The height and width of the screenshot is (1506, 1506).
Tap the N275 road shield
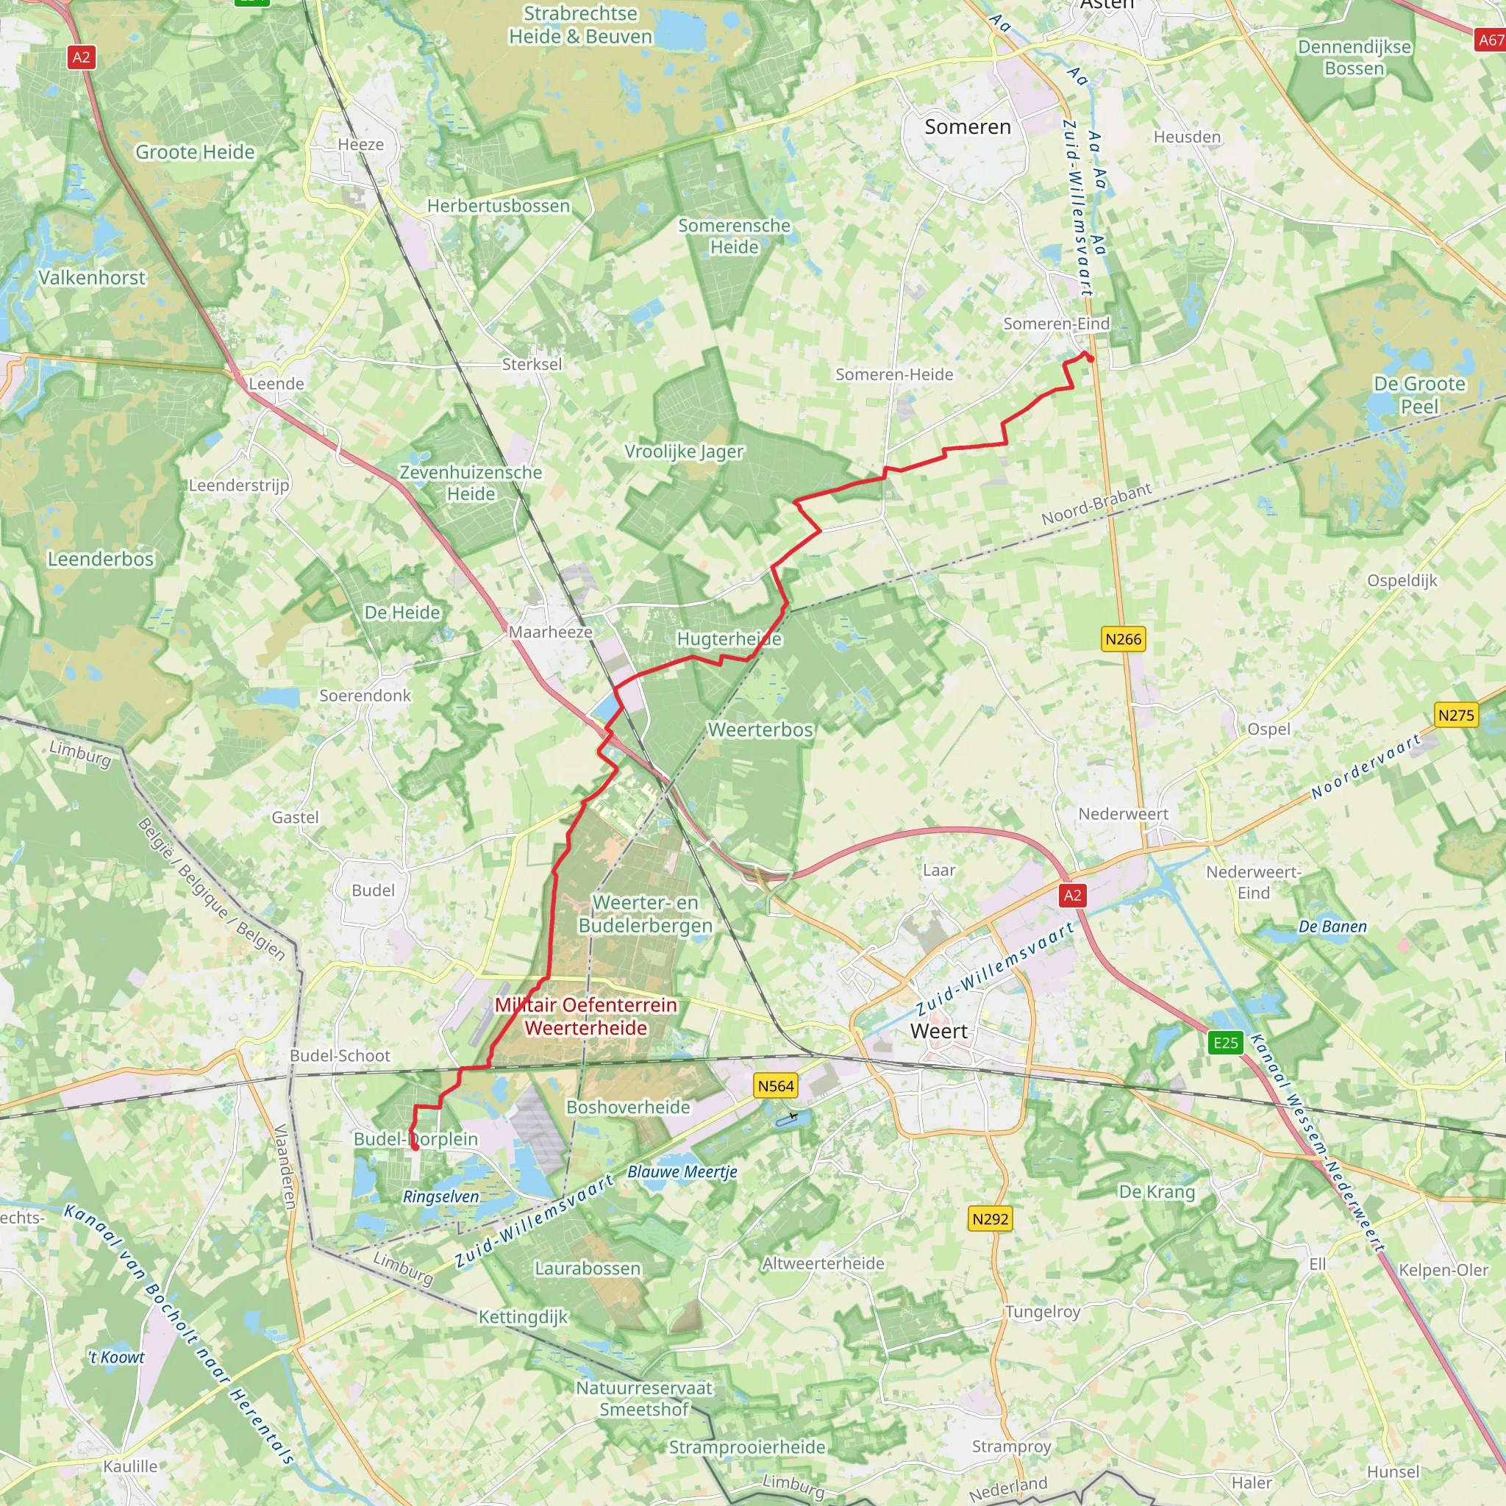point(1456,715)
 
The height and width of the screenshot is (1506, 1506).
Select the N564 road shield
point(776,1086)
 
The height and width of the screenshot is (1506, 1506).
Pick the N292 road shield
point(990,1218)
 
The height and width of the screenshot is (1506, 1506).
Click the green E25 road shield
point(1225,1043)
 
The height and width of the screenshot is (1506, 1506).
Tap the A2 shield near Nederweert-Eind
point(1073,895)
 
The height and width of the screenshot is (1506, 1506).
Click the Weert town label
point(938,1030)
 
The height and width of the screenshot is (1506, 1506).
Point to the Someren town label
point(968,127)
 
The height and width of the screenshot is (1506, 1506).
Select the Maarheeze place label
point(550,632)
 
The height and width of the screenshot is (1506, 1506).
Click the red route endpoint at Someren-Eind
point(1091,360)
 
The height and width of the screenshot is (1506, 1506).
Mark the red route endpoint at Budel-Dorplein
point(415,1147)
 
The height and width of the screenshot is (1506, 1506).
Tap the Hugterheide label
point(729,638)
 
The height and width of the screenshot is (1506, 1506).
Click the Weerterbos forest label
point(760,729)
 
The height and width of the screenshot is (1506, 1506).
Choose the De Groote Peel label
point(1418,394)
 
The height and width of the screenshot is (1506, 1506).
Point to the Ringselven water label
point(441,1196)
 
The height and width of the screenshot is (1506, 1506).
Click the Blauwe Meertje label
point(682,1171)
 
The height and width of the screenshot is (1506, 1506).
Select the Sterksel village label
point(532,364)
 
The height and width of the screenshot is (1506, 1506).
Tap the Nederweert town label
point(1122,814)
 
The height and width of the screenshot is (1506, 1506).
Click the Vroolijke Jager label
point(684,452)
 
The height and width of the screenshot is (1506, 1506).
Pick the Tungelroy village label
point(1042,1311)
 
